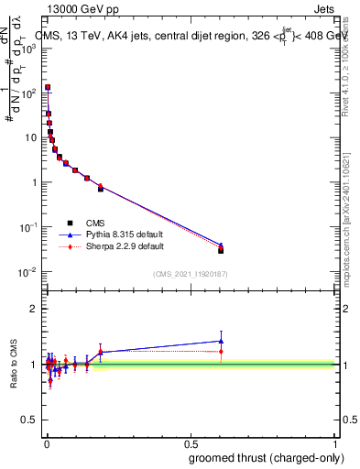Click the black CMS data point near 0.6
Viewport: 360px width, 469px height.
(x=221, y=250)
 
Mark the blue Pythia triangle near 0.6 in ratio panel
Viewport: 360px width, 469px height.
(x=221, y=341)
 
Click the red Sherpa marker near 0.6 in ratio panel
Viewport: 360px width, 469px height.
(x=221, y=352)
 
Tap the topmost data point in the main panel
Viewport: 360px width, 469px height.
(x=47, y=87)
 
